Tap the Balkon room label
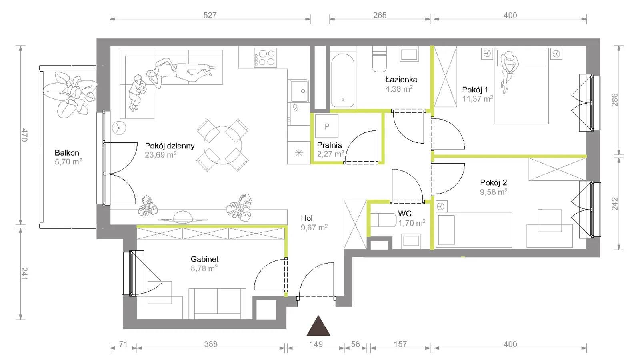coord(67,152)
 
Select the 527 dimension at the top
coord(210,15)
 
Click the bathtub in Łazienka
coord(343,80)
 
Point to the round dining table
coord(223,145)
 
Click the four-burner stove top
coord(266,58)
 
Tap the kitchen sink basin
coord(299,91)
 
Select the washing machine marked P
coord(326,126)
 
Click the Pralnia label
coord(330,145)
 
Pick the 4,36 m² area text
coord(399,89)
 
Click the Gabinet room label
coord(204,259)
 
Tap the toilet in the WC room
coord(384,220)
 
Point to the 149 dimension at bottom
coord(316,344)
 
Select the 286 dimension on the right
coord(615,100)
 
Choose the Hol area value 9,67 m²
coord(314,228)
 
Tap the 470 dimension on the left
coord(24,135)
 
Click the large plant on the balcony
coord(70,94)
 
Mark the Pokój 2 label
coord(494,182)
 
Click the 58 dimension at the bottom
coord(356,344)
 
